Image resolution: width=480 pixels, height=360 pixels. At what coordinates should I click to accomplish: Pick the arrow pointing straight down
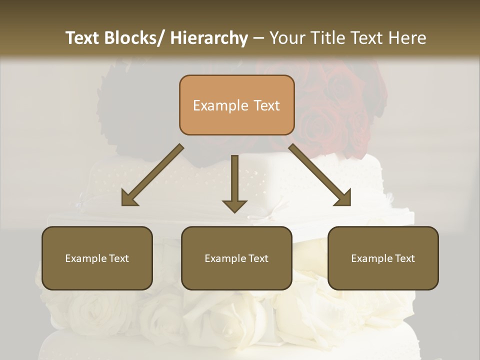tap(234, 182)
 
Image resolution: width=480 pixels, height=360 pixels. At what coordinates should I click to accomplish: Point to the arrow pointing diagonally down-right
tap(320, 175)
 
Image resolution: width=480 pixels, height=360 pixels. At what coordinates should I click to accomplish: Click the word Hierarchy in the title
tap(209, 38)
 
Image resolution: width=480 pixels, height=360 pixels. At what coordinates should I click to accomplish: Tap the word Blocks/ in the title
tap(134, 38)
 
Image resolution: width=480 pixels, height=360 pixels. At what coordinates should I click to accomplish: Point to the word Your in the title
tap(287, 38)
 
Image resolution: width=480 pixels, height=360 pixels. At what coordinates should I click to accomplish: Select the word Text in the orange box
tap(266, 106)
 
